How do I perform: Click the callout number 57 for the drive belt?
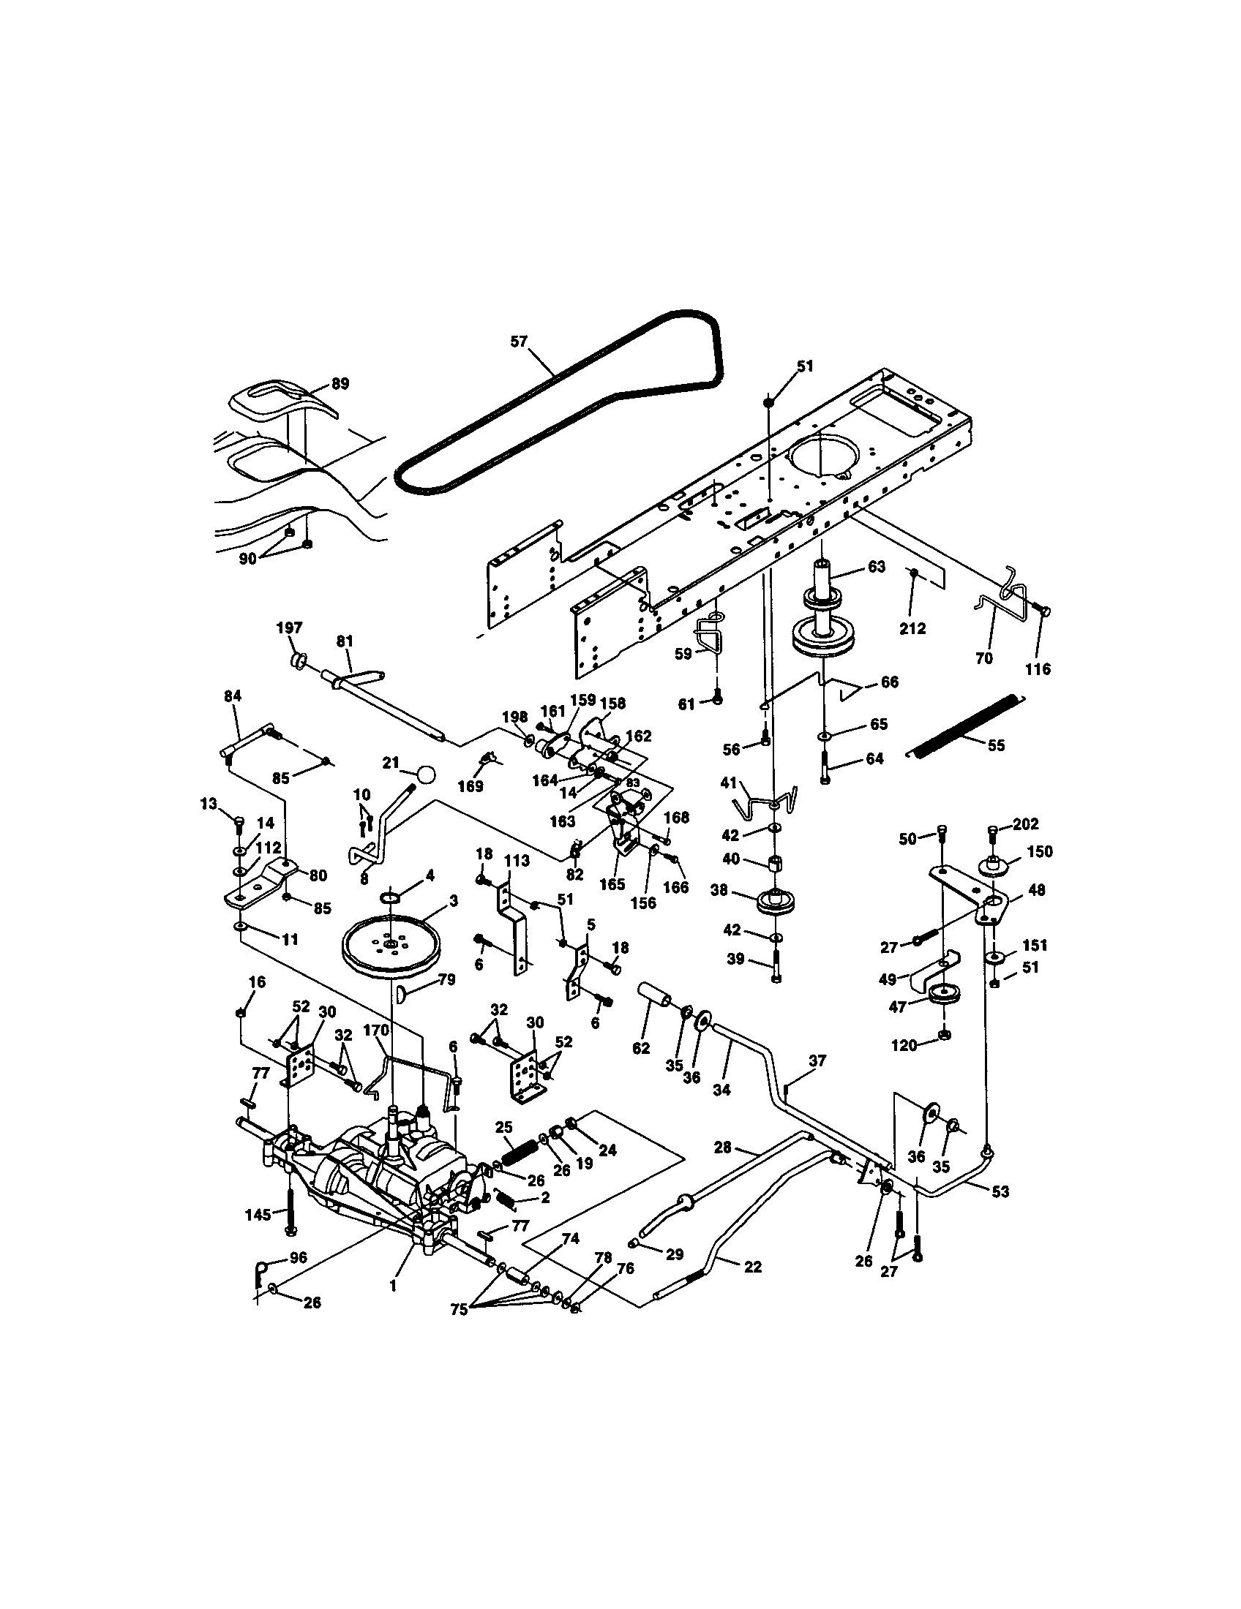point(520,341)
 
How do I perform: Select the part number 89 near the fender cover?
point(340,384)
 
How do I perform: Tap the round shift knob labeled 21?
point(425,775)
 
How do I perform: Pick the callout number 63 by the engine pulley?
point(876,567)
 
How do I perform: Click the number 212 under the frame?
point(912,628)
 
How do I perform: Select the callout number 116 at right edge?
point(1038,669)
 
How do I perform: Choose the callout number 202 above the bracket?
point(1026,824)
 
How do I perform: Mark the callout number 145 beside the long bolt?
point(258,1214)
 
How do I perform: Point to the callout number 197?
point(289,627)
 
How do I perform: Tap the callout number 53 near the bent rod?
point(1000,1191)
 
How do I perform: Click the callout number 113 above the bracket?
point(517,861)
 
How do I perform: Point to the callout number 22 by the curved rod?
point(751,1267)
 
